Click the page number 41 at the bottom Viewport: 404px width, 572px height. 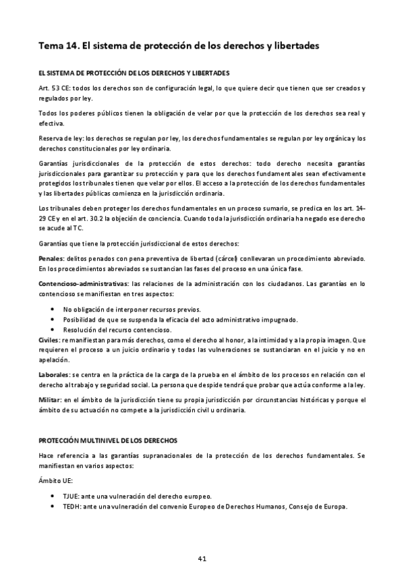point(202,539)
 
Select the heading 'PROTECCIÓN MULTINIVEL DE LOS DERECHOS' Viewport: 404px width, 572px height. point(107,440)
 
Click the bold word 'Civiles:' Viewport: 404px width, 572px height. point(50,341)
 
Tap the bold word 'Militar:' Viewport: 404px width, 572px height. point(51,400)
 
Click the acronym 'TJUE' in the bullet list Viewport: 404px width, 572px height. point(71,496)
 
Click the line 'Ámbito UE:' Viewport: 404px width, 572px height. point(58,481)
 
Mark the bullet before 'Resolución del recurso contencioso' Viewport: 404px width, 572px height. point(53,329)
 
